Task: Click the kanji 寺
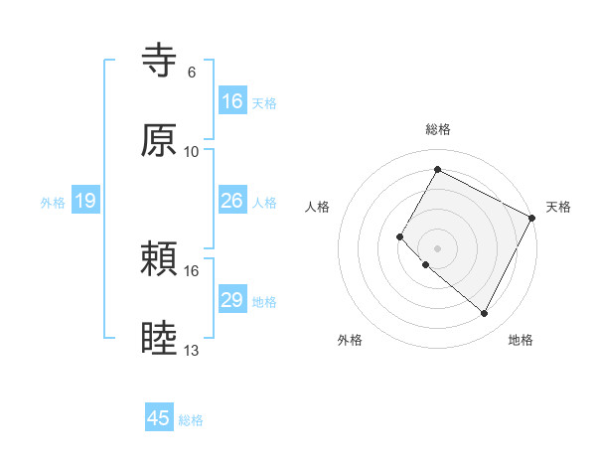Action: pos(159,62)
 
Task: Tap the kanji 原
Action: pos(159,140)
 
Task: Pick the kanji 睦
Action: pos(159,339)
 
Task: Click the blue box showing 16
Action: pos(231,100)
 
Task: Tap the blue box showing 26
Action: pos(231,201)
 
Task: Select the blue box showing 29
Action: pos(231,300)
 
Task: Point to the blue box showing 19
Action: pos(84,201)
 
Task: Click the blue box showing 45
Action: pos(159,418)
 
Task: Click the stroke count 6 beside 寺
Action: pos(192,73)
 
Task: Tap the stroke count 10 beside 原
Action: pos(192,151)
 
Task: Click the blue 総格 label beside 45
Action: pos(191,420)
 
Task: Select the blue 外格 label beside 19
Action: pos(53,202)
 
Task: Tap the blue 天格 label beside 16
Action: pos(264,102)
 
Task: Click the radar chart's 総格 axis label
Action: pos(437,129)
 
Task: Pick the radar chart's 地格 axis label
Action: pos(521,340)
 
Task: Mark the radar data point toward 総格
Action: pos(437,169)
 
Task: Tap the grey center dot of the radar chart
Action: pos(437,247)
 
